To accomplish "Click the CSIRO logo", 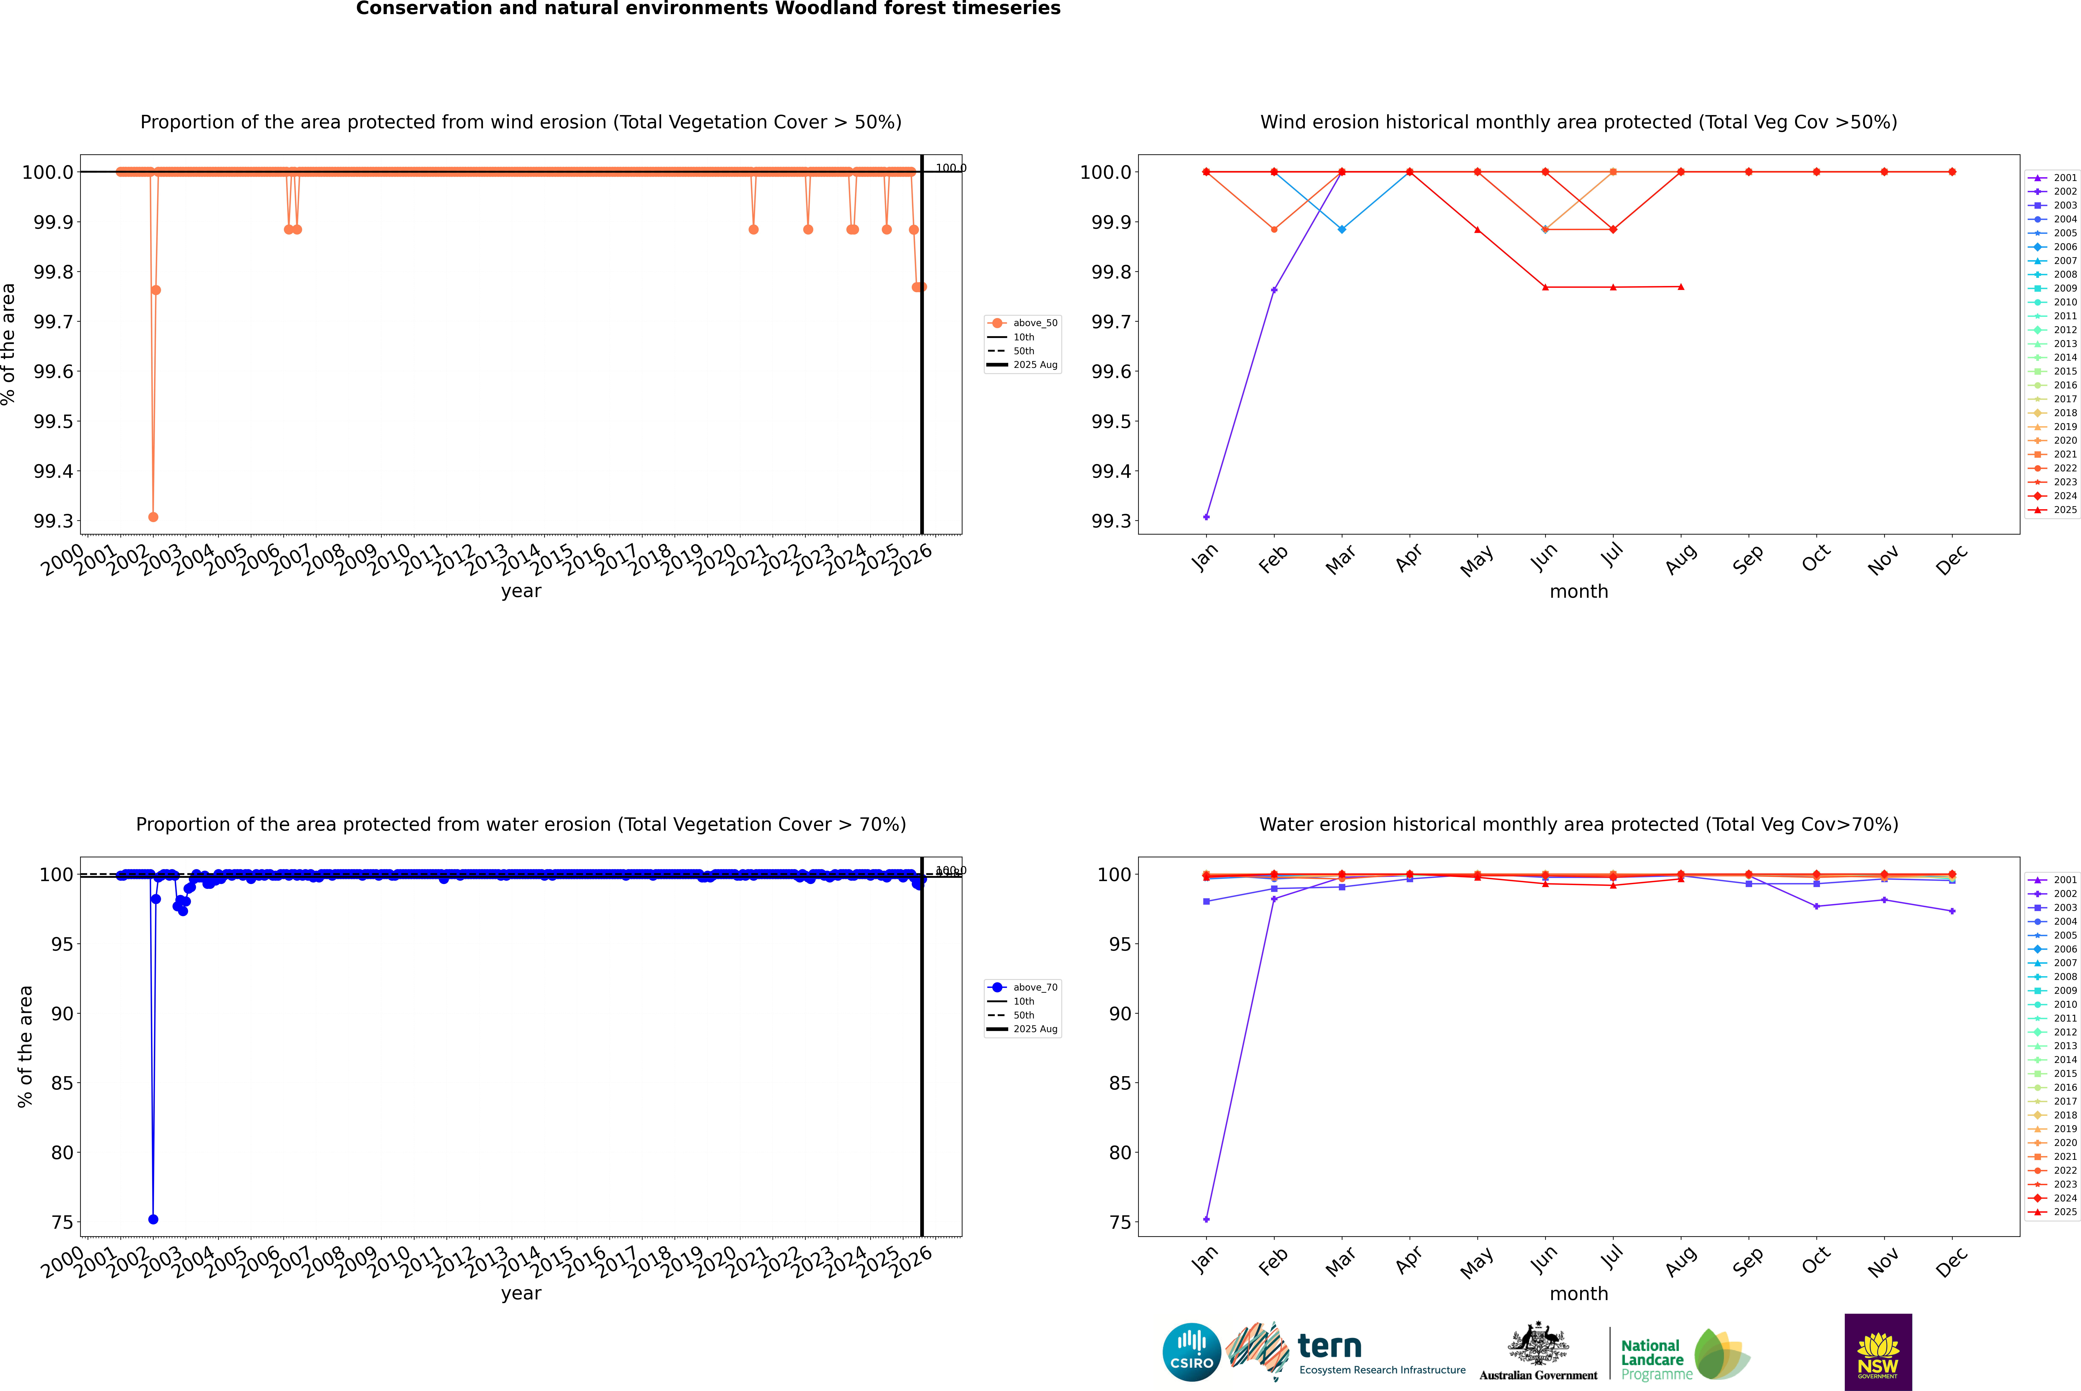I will pyautogui.click(x=1191, y=1352).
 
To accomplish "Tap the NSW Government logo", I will pyautogui.click(x=1878, y=1352).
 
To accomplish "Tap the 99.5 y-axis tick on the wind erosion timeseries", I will pyautogui.click(x=53, y=421).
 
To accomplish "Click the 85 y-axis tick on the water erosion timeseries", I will pyautogui.click(x=62, y=1083).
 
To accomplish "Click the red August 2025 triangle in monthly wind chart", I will pyautogui.click(x=1681, y=286).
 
